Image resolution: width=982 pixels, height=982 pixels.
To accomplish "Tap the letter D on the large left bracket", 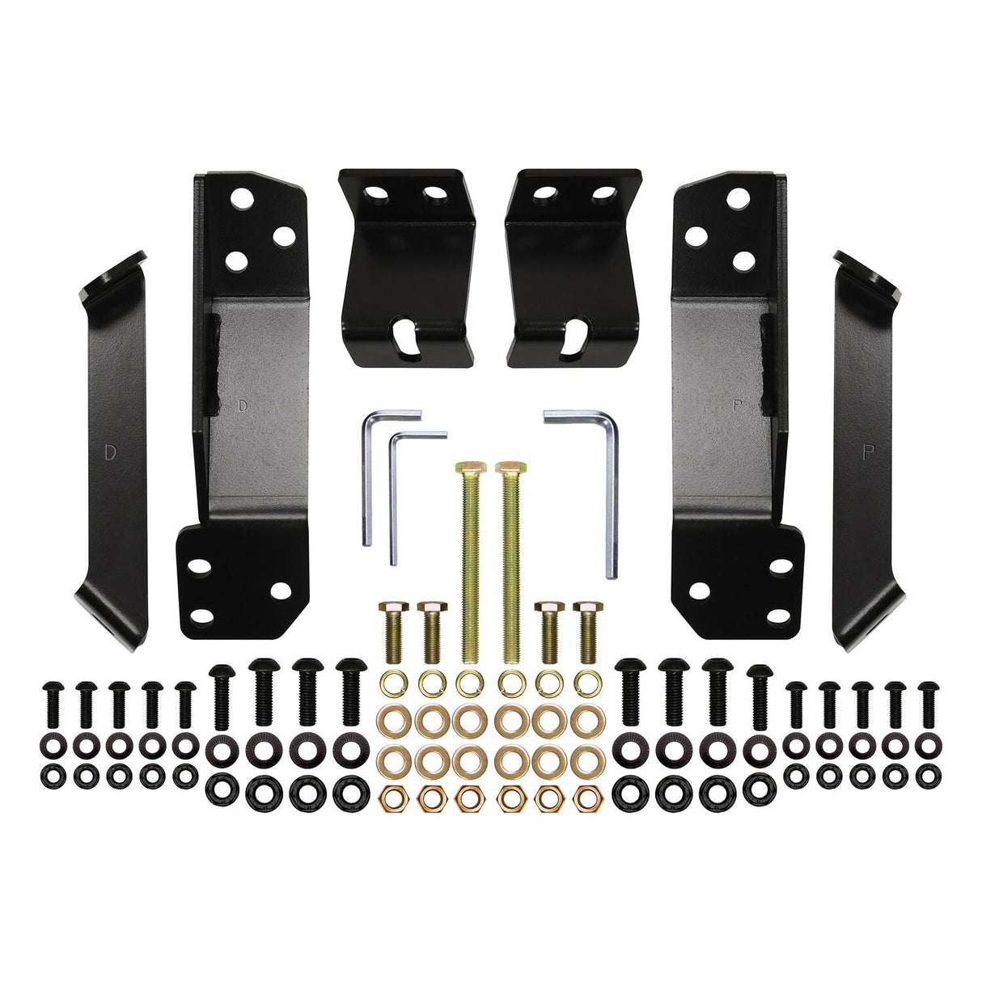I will [243, 406].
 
